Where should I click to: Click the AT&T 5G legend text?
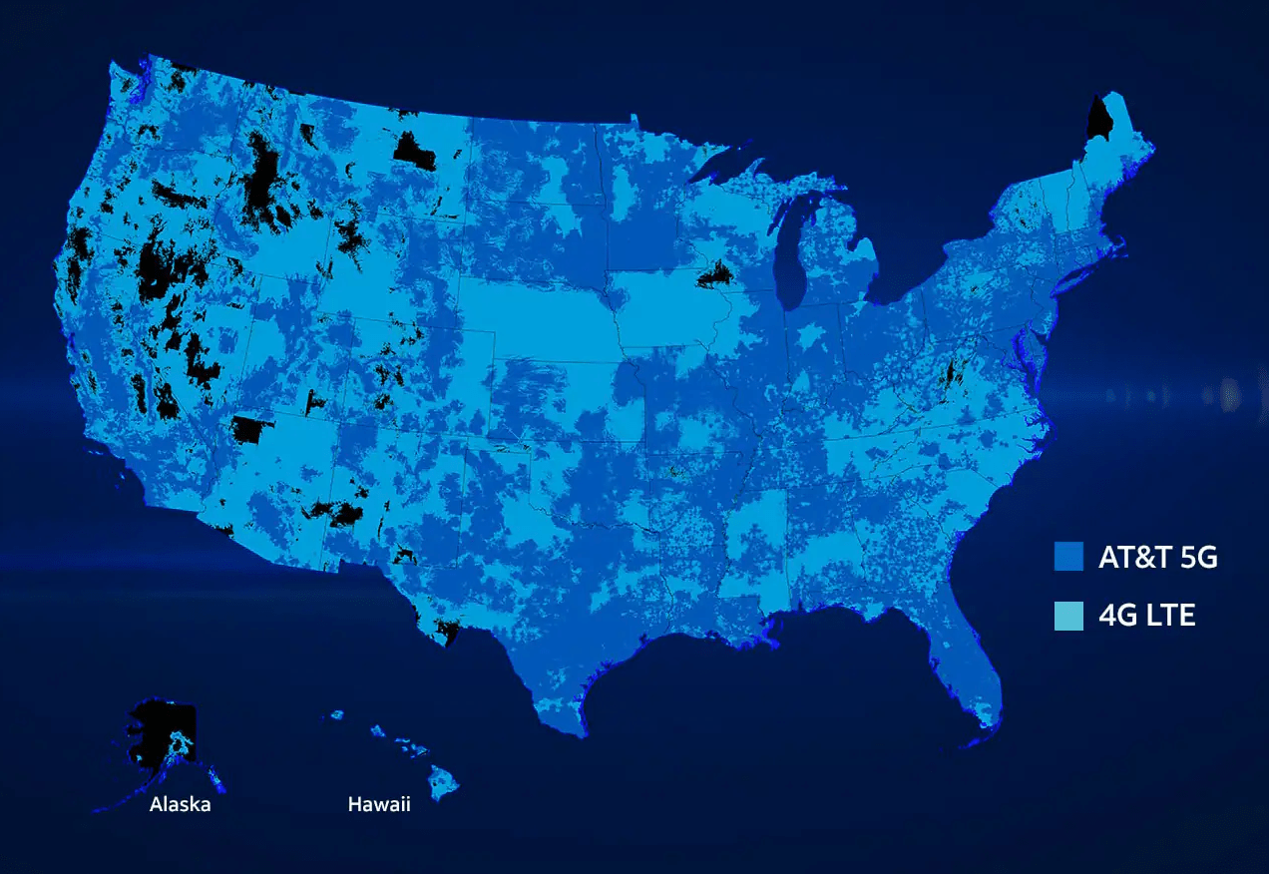pos(1157,558)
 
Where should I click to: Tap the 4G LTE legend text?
pos(1146,616)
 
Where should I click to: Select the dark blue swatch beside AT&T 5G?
pos(1068,557)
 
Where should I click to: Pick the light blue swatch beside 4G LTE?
pos(1068,616)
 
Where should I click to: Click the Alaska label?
pos(180,804)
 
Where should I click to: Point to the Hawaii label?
pos(378,804)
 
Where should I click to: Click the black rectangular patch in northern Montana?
pos(413,151)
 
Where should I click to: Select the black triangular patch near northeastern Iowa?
pos(715,274)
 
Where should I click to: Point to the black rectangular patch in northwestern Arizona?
pos(251,430)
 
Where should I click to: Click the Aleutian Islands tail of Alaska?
pos(120,803)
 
